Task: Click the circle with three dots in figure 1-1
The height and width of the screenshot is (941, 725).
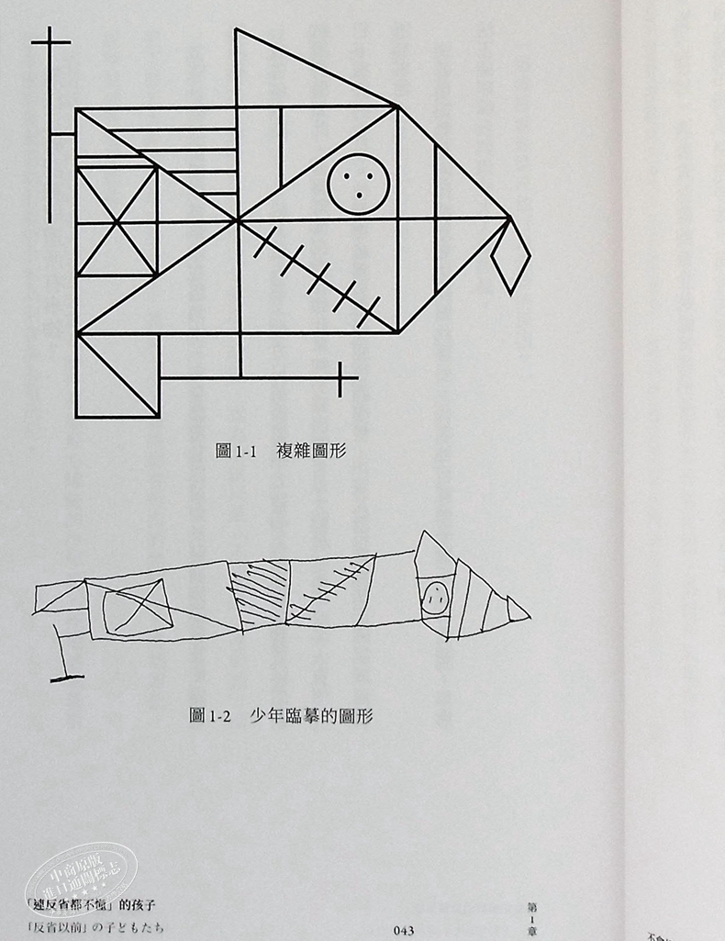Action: click(x=359, y=184)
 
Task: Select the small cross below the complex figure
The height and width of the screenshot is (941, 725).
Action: click(x=340, y=379)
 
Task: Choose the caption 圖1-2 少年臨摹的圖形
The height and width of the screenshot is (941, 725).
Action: click(x=281, y=715)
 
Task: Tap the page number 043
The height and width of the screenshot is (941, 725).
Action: click(x=403, y=930)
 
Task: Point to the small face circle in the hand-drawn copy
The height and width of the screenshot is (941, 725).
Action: click(x=434, y=596)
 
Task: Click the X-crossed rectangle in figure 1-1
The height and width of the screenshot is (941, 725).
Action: click(x=117, y=221)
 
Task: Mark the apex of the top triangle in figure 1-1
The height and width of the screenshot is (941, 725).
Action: click(x=237, y=30)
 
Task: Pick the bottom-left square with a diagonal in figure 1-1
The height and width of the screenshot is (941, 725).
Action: click(x=117, y=375)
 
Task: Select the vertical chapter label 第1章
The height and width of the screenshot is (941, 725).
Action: click(x=531, y=918)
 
